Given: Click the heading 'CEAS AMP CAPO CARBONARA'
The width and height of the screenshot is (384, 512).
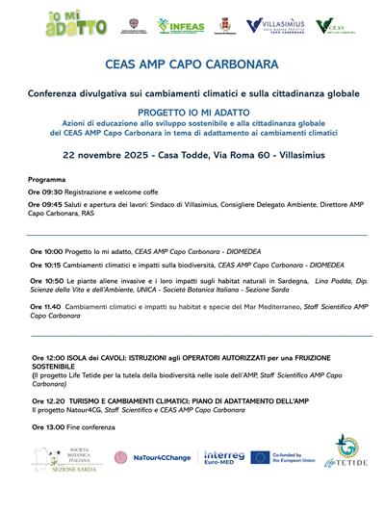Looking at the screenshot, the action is click(192, 67).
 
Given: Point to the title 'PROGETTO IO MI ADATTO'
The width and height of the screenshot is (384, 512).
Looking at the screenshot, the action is click(192, 111).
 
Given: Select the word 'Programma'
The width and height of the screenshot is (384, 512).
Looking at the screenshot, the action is click(47, 180).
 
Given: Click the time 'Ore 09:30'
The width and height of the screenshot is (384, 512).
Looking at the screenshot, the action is click(46, 192).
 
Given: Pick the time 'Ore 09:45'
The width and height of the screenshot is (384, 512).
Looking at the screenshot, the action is click(46, 205).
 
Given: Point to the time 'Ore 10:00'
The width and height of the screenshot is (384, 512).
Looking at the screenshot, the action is click(47, 251).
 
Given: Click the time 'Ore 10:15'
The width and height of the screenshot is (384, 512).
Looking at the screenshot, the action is click(47, 264).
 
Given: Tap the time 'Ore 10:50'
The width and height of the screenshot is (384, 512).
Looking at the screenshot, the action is click(47, 279).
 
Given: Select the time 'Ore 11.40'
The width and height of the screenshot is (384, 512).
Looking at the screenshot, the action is click(47, 305).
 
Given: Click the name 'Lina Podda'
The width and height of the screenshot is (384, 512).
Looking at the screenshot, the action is click(305, 279).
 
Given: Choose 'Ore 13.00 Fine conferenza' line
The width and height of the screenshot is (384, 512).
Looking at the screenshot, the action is click(81, 426).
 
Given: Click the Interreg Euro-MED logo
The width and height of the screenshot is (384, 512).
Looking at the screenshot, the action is click(225, 456).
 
